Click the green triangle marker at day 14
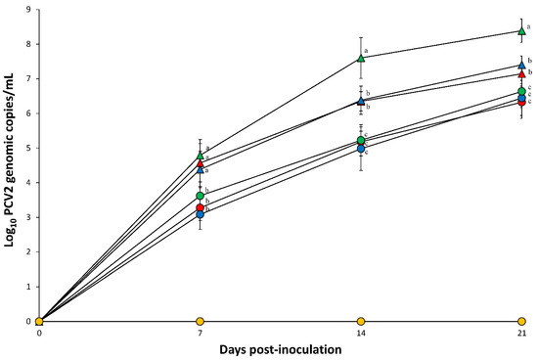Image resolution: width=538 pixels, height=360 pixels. click(361, 58)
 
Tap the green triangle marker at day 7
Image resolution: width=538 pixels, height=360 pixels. click(200, 156)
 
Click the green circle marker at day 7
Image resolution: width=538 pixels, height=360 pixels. click(200, 196)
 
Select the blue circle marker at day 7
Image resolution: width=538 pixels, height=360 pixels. click(200, 214)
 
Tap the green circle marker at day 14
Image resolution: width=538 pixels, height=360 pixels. click(361, 141)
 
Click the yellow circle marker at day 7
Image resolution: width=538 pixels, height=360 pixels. click(200, 321)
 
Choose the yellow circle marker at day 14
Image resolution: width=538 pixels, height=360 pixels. click(361, 321)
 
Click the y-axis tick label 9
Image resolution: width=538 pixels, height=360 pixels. click(29, 10)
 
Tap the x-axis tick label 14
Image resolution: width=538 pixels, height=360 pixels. click(361, 334)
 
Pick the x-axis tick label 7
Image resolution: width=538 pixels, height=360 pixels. click(200, 334)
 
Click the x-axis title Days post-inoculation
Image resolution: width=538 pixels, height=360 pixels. click(280, 349)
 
